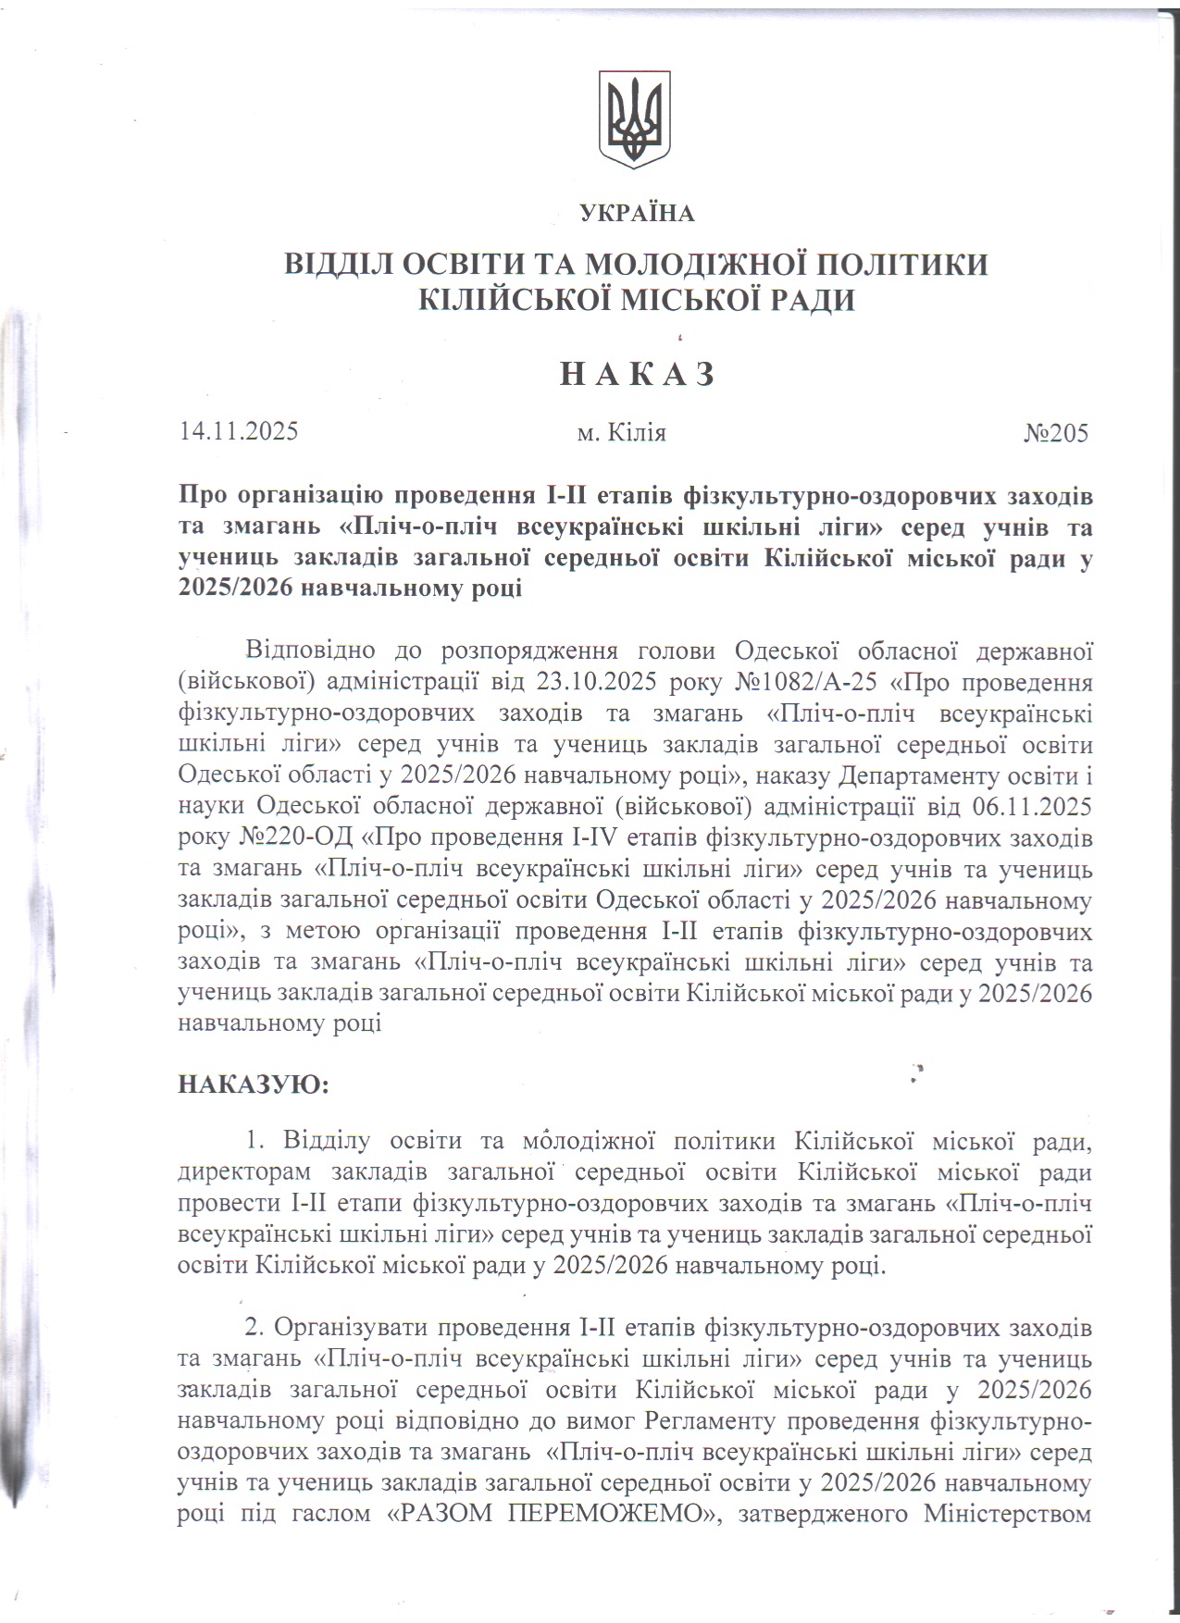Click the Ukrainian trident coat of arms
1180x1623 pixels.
coord(634,118)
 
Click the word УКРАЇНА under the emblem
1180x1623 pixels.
coord(637,214)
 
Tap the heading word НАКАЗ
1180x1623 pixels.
coord(638,374)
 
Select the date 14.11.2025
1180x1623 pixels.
coord(239,432)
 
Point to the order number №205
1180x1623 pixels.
coord(1056,432)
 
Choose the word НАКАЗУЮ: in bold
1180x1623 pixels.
coord(254,1084)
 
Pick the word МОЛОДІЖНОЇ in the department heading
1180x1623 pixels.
coord(682,265)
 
